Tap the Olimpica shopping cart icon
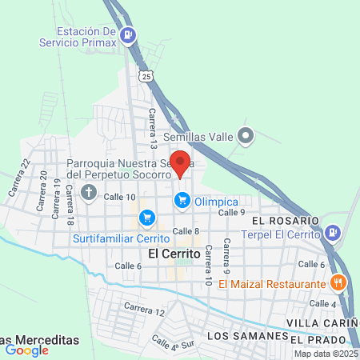182,199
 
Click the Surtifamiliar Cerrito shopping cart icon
146,217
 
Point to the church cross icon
88,193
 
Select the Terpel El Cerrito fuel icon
333,234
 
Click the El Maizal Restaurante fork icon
338,282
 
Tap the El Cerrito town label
172,253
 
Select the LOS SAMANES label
246,336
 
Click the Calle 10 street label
118,197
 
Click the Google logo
26,349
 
